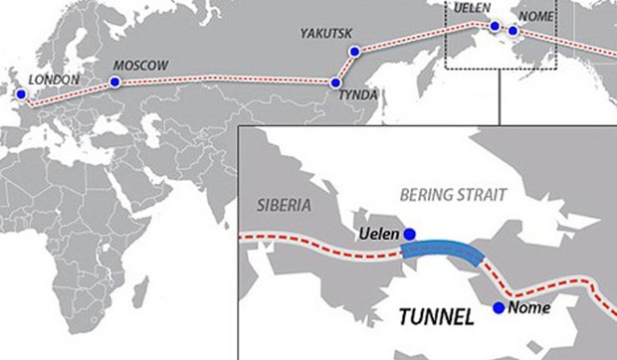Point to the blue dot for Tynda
[336, 83]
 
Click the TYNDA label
[358, 97]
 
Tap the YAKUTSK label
[326, 34]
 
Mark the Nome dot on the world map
[513, 30]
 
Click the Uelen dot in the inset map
[409, 235]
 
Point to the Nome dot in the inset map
[498, 308]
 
